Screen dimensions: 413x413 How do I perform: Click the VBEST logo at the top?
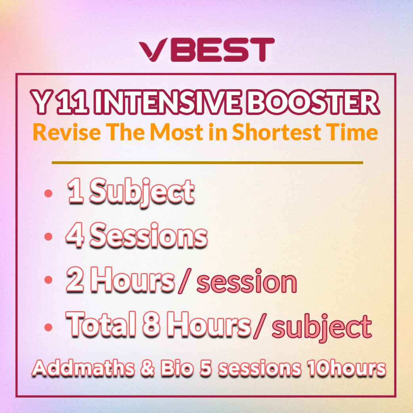[x=207, y=50]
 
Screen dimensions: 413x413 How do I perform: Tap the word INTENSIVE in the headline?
[x=166, y=101]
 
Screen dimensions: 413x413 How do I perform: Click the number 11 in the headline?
[x=72, y=101]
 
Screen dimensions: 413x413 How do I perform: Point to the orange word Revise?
[x=67, y=132]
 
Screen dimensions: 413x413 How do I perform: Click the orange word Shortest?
[x=276, y=132]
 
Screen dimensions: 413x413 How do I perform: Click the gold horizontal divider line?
[x=207, y=163]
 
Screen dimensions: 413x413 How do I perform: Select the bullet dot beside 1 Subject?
[x=48, y=193]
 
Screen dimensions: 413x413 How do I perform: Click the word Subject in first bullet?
[x=142, y=192]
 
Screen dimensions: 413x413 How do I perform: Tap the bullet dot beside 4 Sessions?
[x=48, y=236]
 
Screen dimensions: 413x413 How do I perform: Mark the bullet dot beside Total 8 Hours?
[x=48, y=327]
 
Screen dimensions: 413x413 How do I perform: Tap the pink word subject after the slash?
[x=322, y=327]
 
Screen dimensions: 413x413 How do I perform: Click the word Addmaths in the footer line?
[x=84, y=368]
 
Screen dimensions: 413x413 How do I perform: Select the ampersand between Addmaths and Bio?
[x=147, y=368]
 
